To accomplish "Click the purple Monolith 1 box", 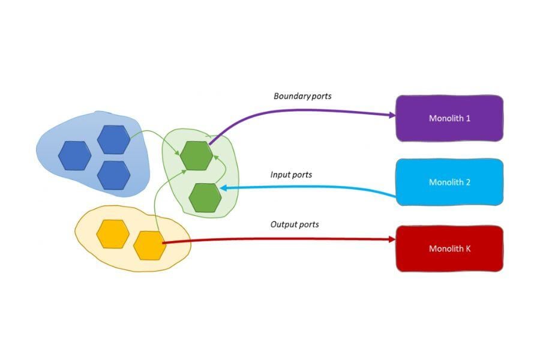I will (449, 118).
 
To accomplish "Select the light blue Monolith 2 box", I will (449, 182).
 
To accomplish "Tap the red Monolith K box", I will (449, 248).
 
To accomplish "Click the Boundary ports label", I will (302, 96).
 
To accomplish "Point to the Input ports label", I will (291, 175).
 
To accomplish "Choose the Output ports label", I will (294, 224).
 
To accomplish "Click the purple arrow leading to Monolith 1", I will (300, 110).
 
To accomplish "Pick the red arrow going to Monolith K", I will (276, 240).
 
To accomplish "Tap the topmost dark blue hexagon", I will (113, 140).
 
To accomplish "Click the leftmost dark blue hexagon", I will (75, 155).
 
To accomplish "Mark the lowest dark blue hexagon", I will (113, 175).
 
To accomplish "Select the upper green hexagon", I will (196, 155).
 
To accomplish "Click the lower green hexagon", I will (205, 197).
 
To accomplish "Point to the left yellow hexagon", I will (113, 234).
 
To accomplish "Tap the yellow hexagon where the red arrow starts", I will (149, 245).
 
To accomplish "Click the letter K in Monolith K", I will (468, 248).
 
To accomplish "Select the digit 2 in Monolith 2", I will (468, 182).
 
